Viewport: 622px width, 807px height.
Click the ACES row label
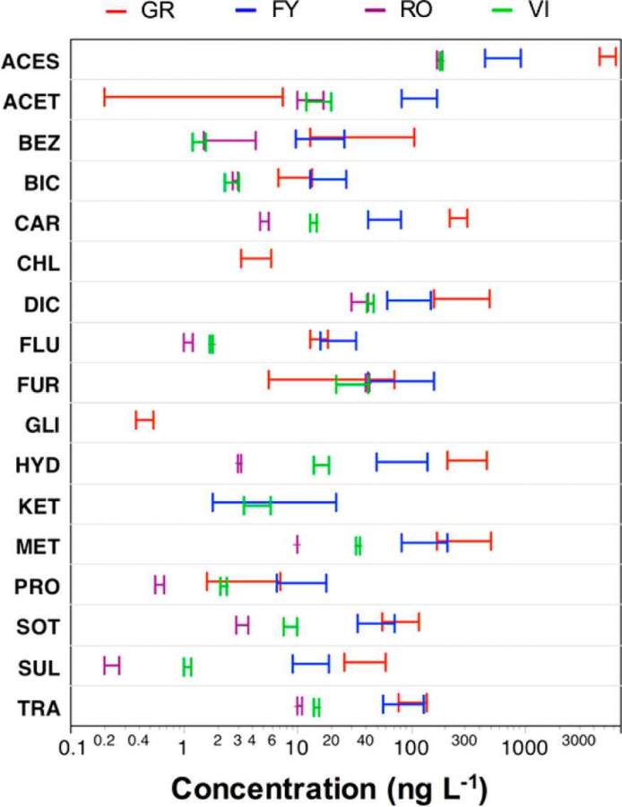tap(31, 61)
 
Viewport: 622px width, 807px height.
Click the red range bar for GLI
tap(144, 420)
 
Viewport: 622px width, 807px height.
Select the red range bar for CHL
tap(255, 258)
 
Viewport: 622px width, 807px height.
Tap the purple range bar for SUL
tap(112, 665)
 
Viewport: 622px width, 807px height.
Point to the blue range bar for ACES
tap(503, 58)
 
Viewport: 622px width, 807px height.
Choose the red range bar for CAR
tap(458, 218)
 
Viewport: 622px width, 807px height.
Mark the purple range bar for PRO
tap(160, 585)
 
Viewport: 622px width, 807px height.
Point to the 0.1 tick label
tap(82, 743)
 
